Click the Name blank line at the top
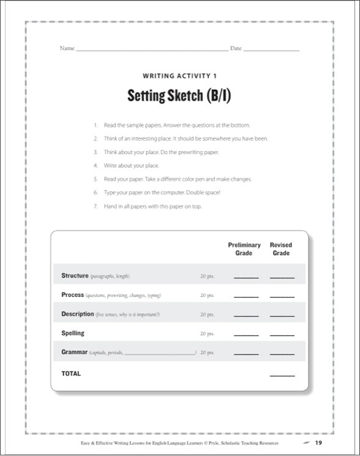(151, 49)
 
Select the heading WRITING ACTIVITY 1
(180, 76)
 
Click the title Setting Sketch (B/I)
(180, 95)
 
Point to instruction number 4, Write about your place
(126, 166)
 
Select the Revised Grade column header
(281, 249)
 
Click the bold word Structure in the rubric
(75, 276)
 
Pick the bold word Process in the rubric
(73, 295)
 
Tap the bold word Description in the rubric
(78, 314)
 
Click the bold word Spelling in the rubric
(73, 334)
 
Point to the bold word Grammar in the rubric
(75, 353)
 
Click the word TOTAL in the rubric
(71, 373)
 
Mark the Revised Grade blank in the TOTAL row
(282, 375)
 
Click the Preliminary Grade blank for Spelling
(246, 335)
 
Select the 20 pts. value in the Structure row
(207, 277)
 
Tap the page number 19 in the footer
(318, 443)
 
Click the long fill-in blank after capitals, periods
(160, 354)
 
